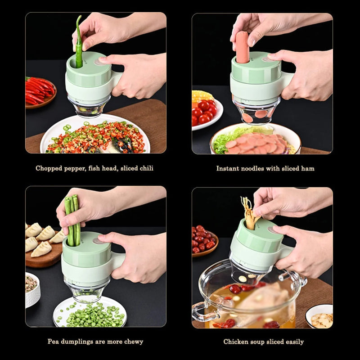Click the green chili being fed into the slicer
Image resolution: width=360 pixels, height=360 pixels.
79,45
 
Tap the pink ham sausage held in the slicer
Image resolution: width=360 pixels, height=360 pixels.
243,47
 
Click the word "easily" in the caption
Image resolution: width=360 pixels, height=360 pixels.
294,342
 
